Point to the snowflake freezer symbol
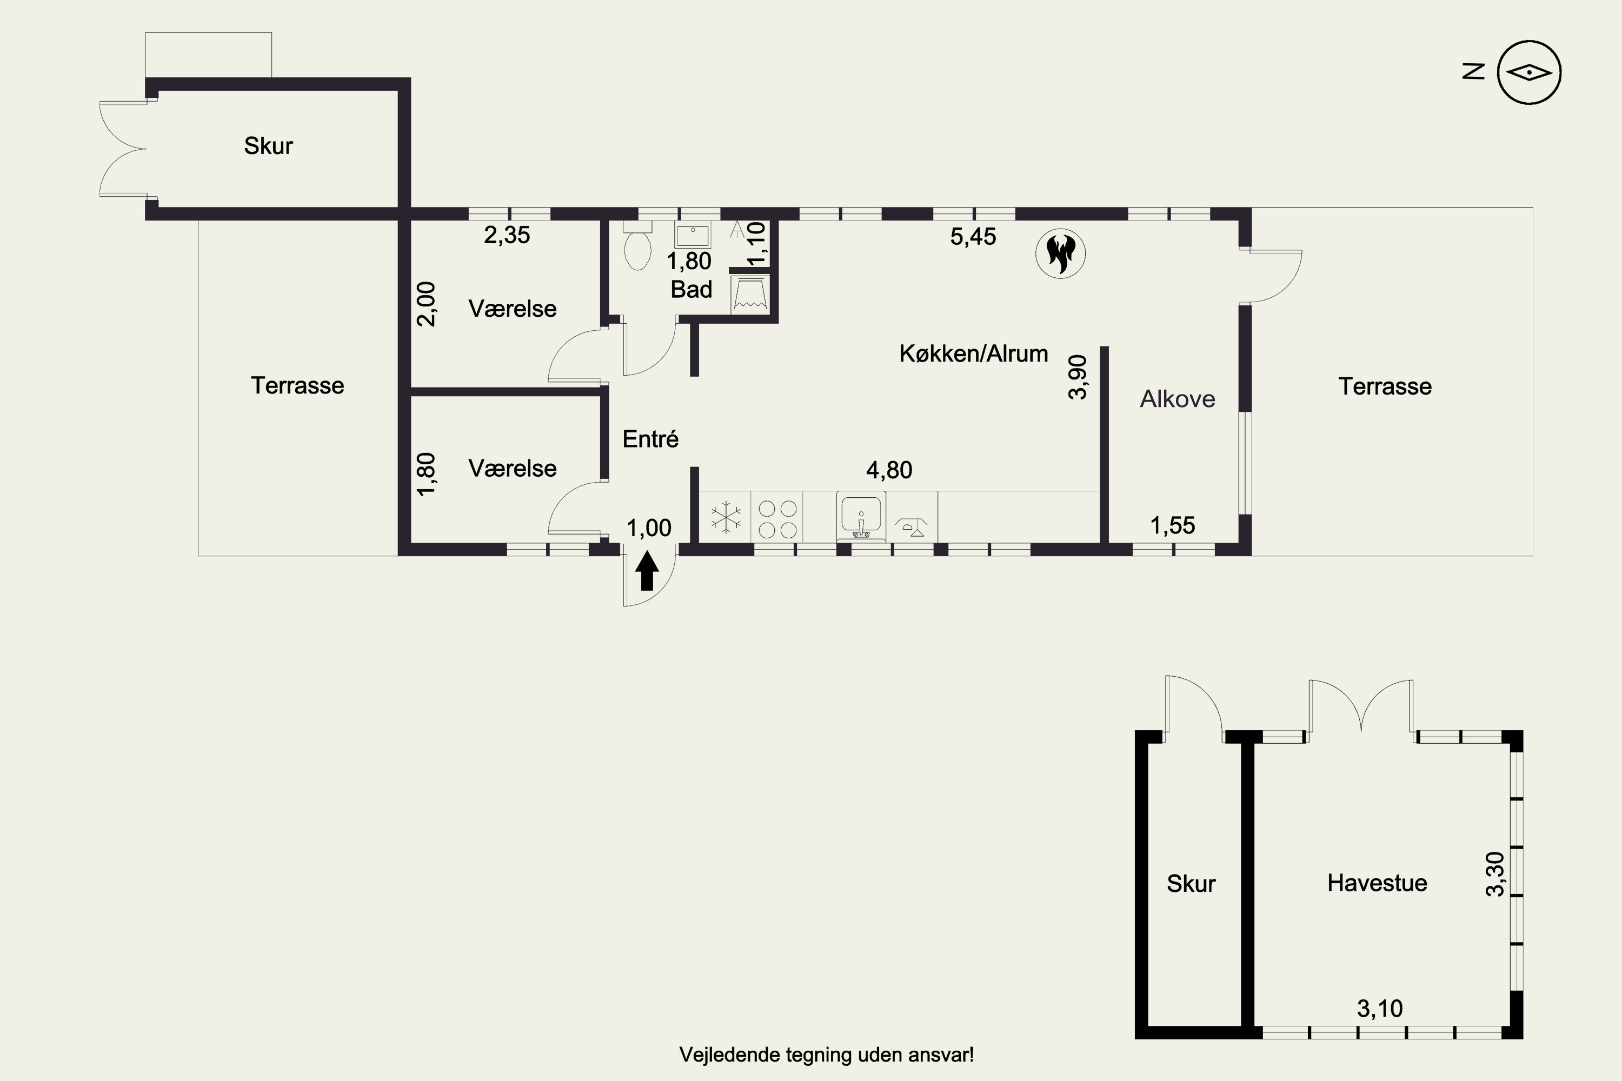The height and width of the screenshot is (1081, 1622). click(x=726, y=517)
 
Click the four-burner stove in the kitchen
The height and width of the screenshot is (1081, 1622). click(x=778, y=519)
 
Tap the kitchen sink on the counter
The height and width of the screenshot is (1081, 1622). click(x=861, y=516)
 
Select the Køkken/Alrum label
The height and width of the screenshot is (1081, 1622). click(x=973, y=353)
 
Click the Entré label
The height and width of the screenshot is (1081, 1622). click(x=650, y=439)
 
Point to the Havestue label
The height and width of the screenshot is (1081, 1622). click(x=1377, y=883)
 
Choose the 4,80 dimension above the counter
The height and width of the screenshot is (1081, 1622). click(x=889, y=470)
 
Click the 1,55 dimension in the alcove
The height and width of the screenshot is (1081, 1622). click(x=1172, y=526)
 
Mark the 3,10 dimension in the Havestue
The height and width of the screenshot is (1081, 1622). click(x=1379, y=1009)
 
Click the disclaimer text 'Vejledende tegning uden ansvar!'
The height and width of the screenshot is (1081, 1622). click(x=826, y=1055)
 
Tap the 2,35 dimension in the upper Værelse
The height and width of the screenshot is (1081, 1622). click(x=507, y=236)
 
